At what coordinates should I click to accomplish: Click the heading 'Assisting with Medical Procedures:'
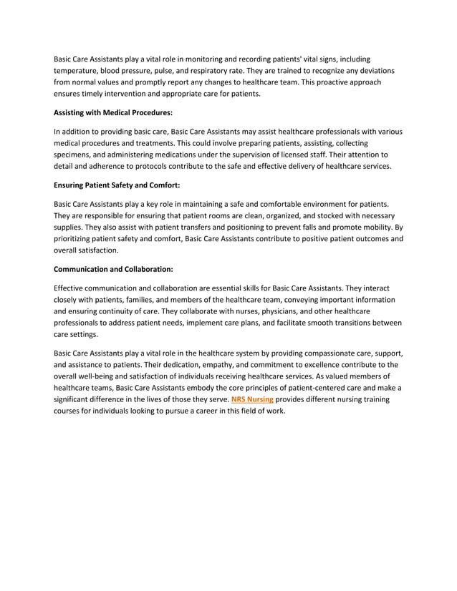click(113, 112)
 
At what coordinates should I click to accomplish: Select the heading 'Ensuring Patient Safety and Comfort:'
click(117, 185)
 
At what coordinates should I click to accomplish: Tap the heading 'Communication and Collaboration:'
click(113, 269)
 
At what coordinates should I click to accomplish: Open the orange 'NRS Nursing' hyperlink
click(252, 399)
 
